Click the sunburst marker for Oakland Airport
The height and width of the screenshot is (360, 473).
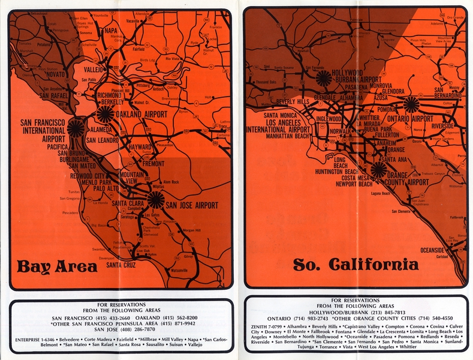[106, 115]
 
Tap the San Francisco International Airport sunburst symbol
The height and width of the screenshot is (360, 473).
[76, 128]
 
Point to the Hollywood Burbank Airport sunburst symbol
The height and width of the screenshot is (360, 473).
[324, 77]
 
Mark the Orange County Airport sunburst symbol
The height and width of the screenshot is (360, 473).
[378, 170]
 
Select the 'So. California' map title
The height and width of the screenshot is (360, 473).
[355, 265]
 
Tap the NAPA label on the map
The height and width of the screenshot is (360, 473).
[111, 31]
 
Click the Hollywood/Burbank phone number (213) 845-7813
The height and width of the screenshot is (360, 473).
[379, 312]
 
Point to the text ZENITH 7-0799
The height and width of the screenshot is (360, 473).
[268, 326]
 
